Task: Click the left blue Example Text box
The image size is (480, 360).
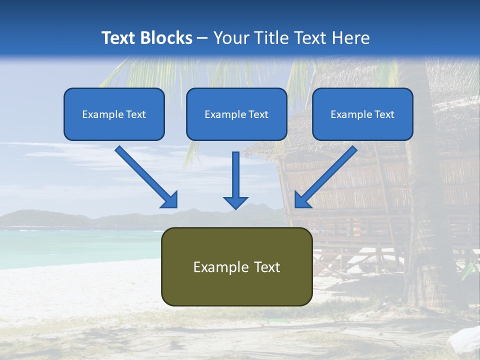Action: [x=114, y=114]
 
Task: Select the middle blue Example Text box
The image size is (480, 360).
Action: [x=236, y=114]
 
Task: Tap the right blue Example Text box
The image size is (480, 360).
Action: [x=362, y=114]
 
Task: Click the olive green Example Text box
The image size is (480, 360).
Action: [x=236, y=266]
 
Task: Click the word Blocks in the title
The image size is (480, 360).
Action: [x=165, y=38]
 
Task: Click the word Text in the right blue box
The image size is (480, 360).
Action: [x=384, y=114]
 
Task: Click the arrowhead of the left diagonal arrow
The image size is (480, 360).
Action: [x=170, y=200]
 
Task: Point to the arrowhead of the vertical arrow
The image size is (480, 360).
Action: [x=235, y=202]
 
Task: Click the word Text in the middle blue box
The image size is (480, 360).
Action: [x=258, y=114]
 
